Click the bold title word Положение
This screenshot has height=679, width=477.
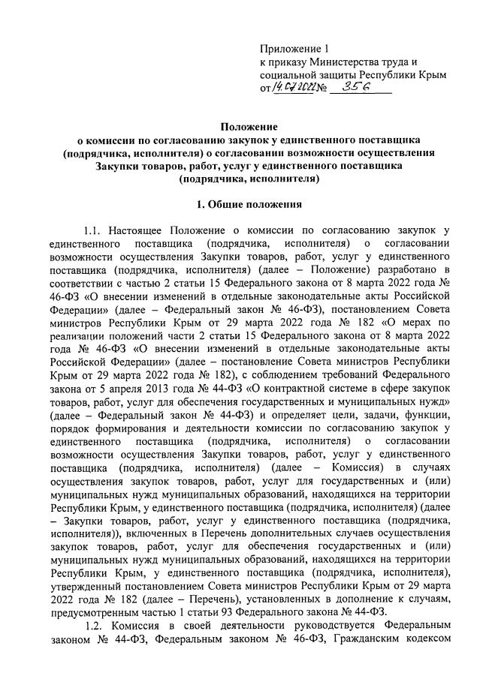[249, 127]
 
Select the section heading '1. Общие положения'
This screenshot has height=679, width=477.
[249, 204]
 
